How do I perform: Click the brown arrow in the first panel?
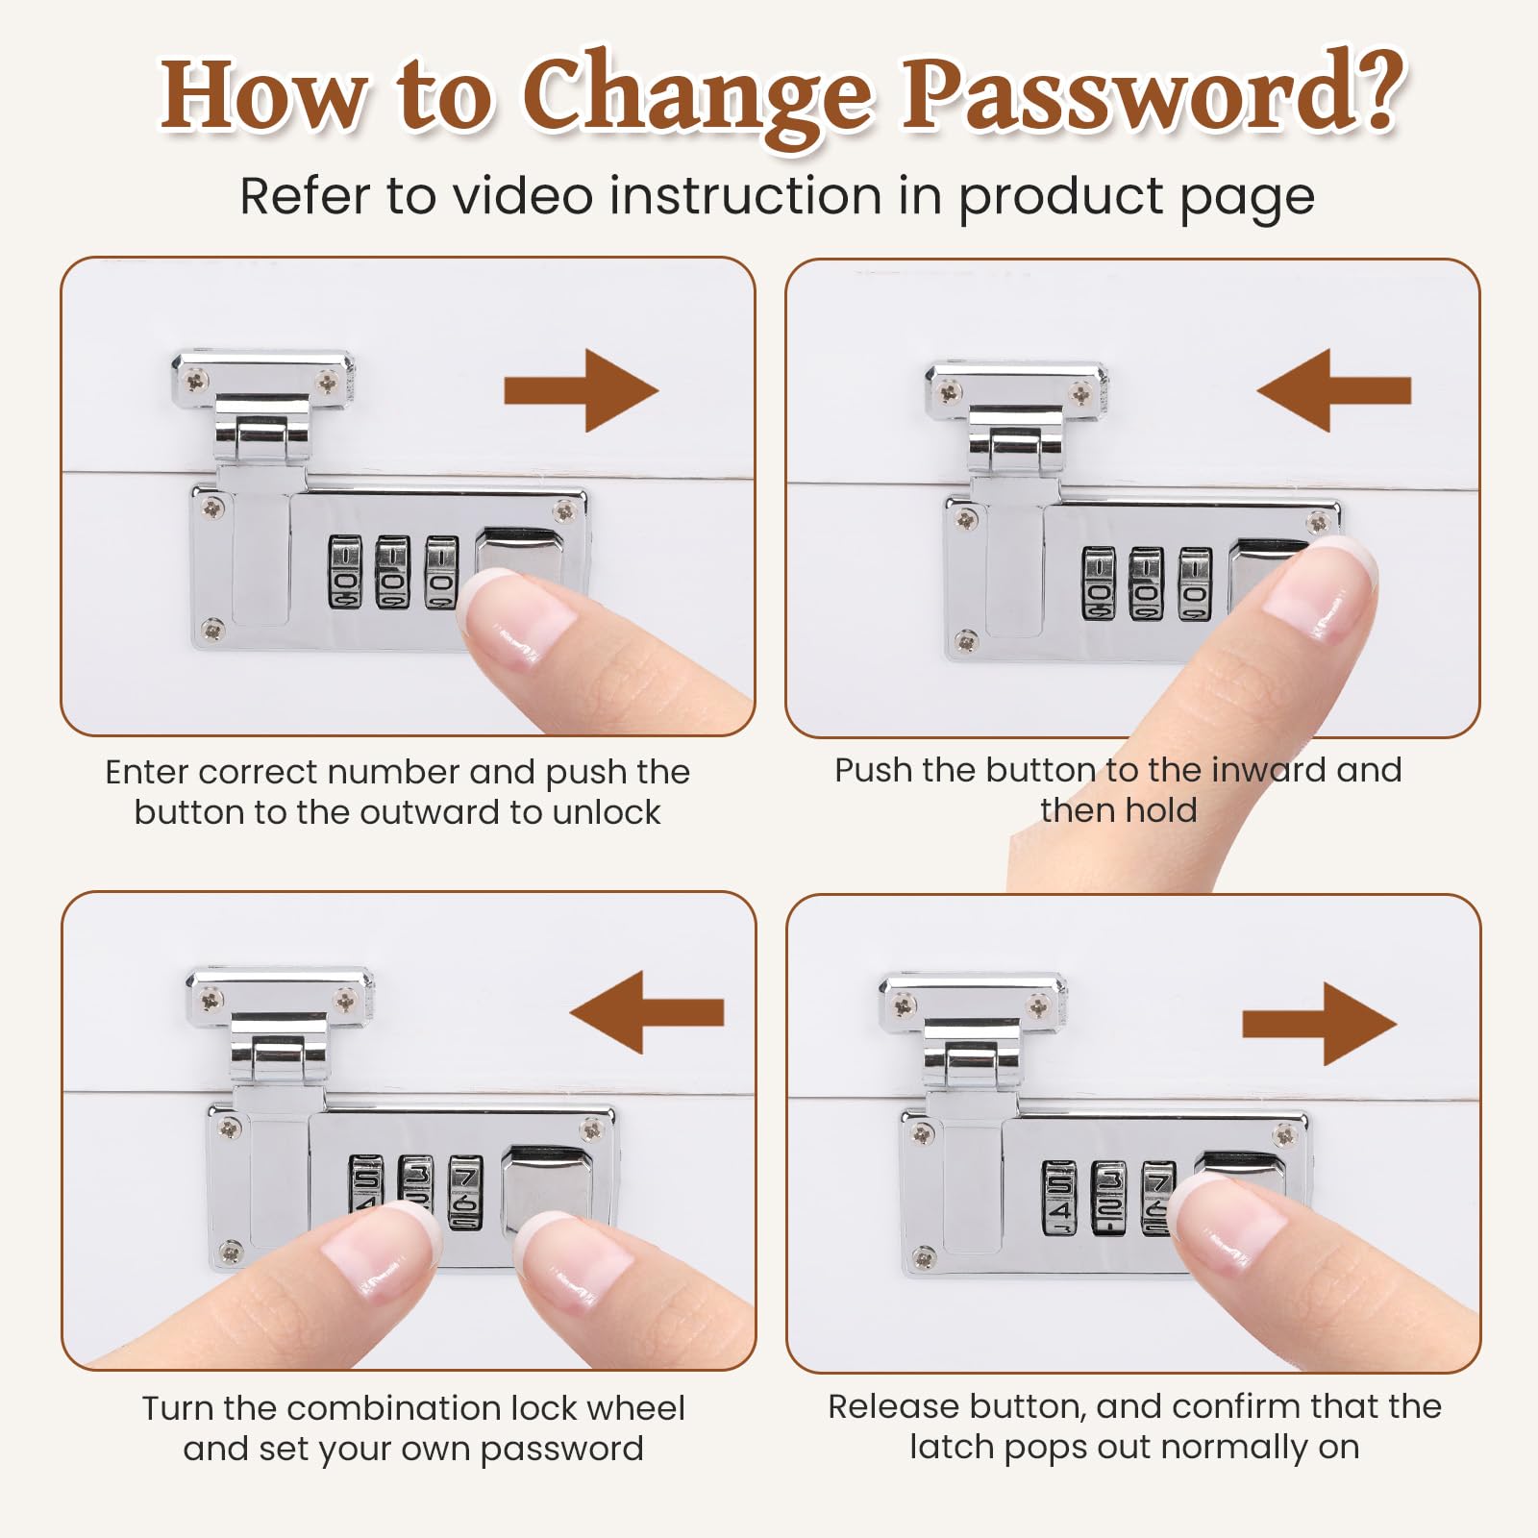pos(582,390)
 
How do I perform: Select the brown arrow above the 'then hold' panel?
pos(1333,390)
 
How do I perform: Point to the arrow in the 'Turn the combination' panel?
pos(646,1012)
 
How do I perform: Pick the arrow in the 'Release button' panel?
pos(1319,1024)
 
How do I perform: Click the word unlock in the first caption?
pos(607,812)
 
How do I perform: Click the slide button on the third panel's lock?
pos(549,1190)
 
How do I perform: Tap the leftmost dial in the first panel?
pos(345,572)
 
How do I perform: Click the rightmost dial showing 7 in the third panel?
pos(465,1192)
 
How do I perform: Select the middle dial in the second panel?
pos(1146,583)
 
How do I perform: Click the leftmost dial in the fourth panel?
pos(1059,1198)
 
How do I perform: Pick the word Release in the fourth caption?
pos(894,1406)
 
